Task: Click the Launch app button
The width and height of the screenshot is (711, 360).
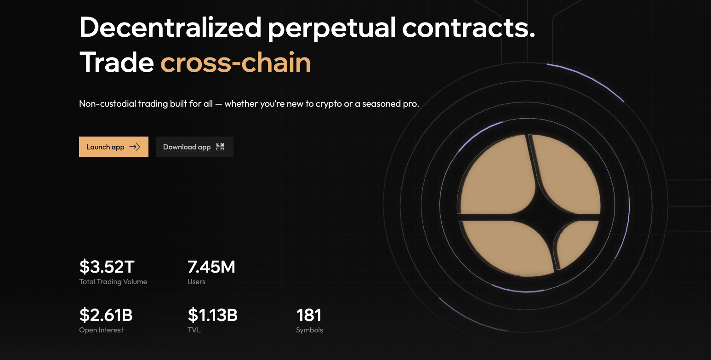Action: click(x=114, y=147)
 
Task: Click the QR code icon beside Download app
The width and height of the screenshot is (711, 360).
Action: click(x=220, y=147)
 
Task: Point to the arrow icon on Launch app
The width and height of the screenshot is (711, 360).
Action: click(x=135, y=147)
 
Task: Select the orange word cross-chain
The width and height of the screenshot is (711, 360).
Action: click(x=235, y=62)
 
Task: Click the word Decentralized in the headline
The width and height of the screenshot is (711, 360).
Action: click(x=170, y=28)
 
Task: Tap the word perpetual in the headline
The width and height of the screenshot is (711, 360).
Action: click(x=331, y=28)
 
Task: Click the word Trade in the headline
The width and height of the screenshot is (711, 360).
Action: click(x=116, y=62)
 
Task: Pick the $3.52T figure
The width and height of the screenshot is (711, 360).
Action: click(x=107, y=267)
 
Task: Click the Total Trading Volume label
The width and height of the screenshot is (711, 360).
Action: click(x=113, y=282)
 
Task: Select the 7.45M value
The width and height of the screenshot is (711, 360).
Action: click(x=211, y=267)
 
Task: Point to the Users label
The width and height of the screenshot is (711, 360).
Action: click(x=196, y=282)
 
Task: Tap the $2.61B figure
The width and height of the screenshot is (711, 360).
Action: click(x=106, y=315)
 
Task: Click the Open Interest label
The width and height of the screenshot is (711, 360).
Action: click(x=101, y=330)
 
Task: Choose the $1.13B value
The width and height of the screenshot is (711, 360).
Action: click(x=213, y=315)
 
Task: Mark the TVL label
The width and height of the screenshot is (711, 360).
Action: click(x=194, y=330)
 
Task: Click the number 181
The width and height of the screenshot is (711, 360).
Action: click(x=309, y=315)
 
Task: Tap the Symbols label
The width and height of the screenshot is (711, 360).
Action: click(x=309, y=330)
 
